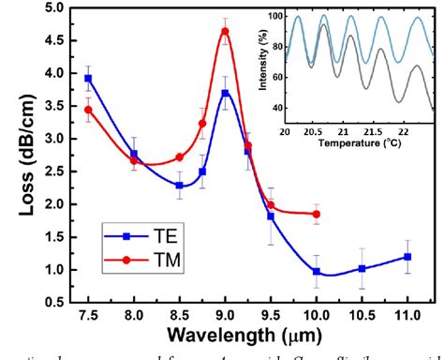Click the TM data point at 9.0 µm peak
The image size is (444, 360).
(x=225, y=31)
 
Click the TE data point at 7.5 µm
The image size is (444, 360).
(x=88, y=79)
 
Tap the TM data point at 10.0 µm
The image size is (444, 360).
(x=316, y=215)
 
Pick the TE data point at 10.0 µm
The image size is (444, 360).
(x=316, y=272)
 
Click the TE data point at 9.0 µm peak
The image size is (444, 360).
(x=225, y=93)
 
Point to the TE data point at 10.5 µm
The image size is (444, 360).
(x=362, y=269)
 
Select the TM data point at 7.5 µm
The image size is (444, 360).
(x=88, y=110)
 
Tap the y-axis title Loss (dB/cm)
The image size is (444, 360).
(x=17, y=155)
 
